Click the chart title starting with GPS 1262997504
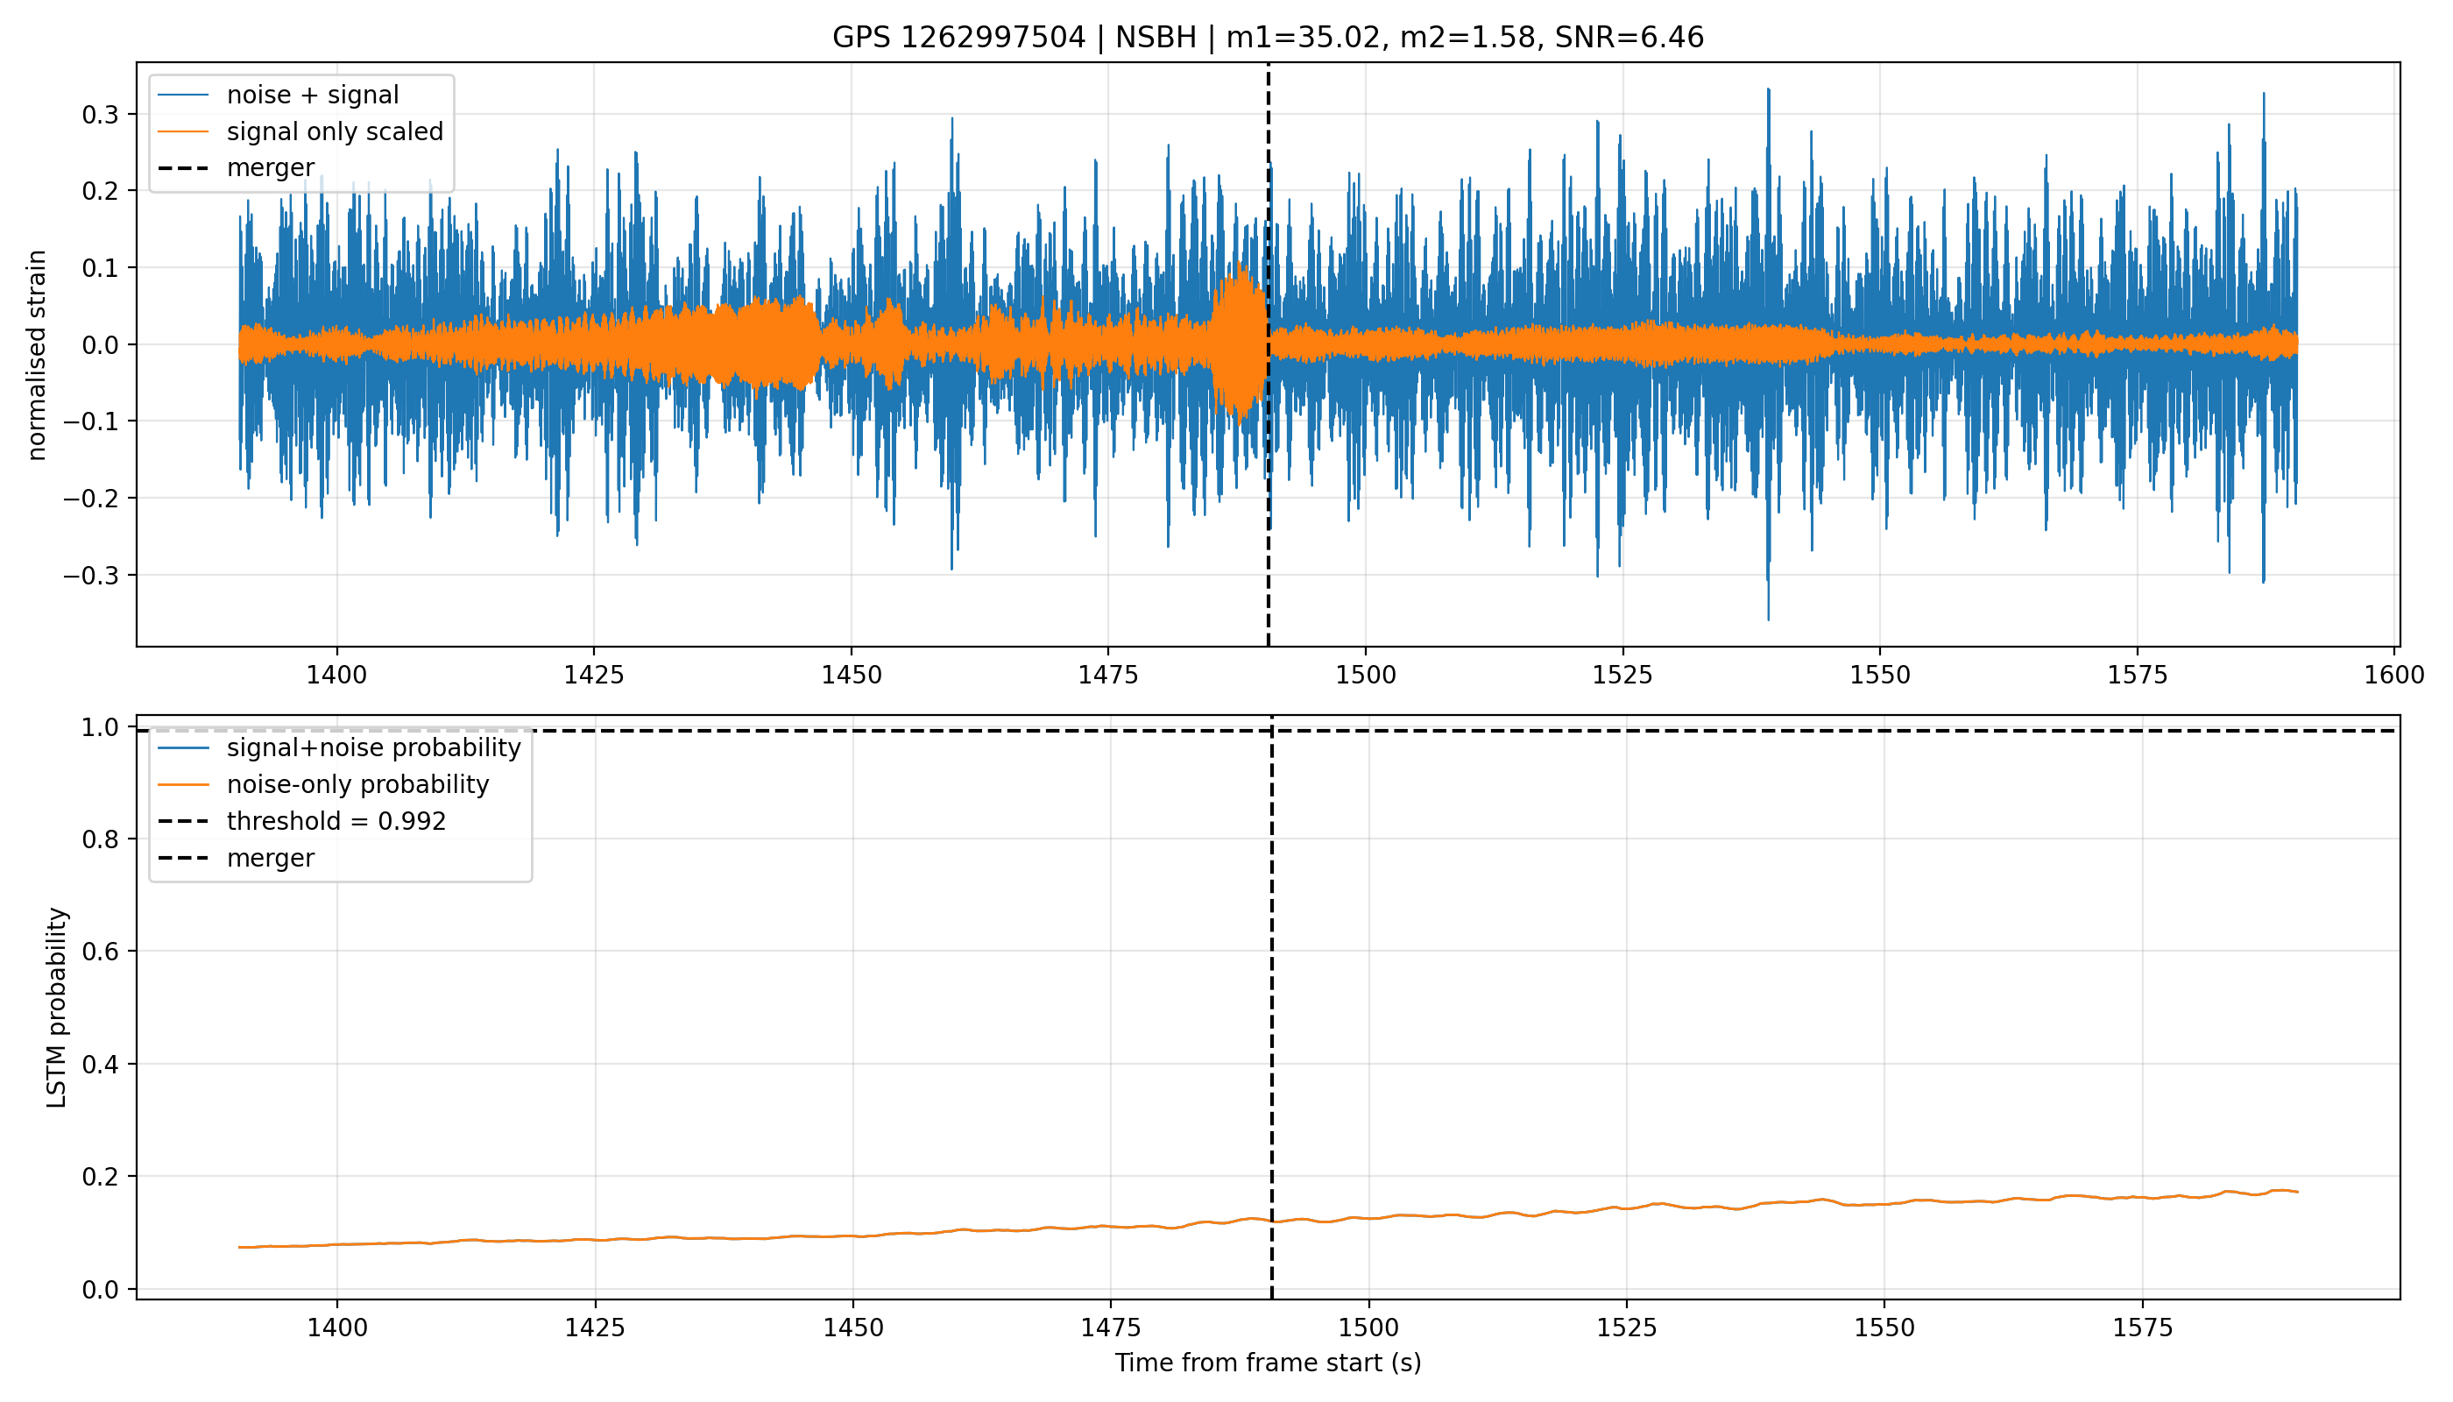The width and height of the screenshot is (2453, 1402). (1268, 38)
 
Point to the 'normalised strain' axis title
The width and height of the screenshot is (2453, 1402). (37, 355)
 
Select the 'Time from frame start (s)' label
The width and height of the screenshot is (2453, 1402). (1268, 1363)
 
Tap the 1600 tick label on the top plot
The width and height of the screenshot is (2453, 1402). (2394, 675)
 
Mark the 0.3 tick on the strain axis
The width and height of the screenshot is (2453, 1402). (101, 115)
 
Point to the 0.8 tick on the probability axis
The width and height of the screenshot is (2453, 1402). (101, 839)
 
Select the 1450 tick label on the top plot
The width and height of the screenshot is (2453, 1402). (851, 675)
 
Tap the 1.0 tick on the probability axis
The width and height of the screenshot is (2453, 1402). (101, 727)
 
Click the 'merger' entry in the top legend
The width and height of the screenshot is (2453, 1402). (271, 167)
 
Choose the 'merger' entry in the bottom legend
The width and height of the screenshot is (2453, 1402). (271, 858)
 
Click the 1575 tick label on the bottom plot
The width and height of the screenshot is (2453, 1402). (2142, 1328)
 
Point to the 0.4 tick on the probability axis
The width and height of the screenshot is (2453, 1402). (101, 1064)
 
